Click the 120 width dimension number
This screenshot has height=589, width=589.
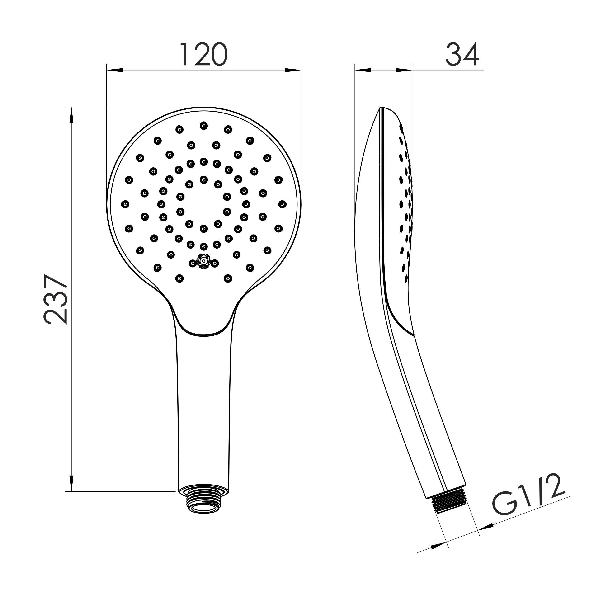(204, 54)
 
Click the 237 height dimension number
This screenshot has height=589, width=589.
(56, 299)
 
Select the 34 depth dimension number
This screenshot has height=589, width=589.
(462, 54)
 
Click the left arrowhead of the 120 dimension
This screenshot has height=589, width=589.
(115, 70)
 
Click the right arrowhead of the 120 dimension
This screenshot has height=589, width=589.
(293, 70)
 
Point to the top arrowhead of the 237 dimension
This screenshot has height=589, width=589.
(72, 115)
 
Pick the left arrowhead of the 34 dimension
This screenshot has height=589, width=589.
(363, 70)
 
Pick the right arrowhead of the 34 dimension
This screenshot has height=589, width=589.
(404, 70)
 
